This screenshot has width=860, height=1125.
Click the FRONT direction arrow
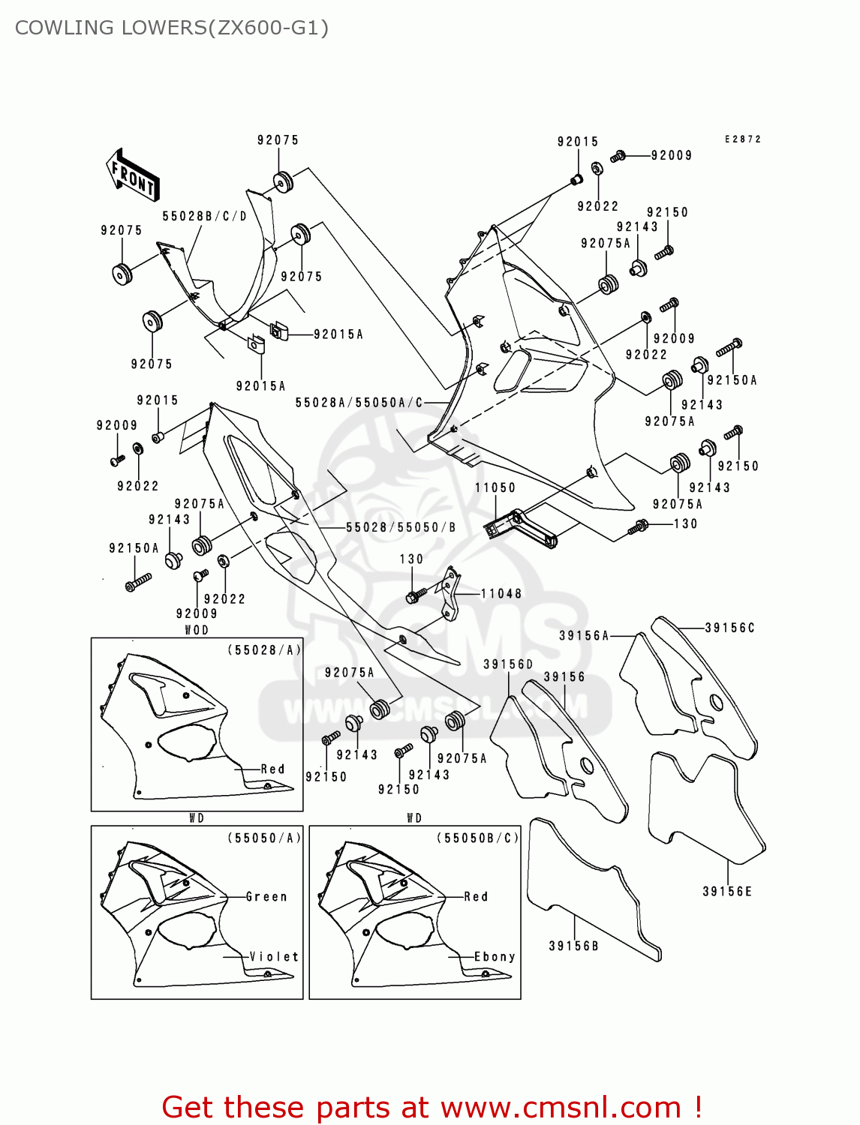133,175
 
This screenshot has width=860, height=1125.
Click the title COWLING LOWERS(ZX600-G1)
172,28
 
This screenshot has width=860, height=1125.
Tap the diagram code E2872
742,139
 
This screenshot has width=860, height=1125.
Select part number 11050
495,487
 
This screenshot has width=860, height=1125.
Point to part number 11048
501,594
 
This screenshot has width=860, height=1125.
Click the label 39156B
574,946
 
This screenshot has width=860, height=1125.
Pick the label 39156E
727,892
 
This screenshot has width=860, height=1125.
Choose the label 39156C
729,628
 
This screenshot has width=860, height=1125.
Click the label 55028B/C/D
205,216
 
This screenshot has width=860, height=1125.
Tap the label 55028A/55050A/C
359,403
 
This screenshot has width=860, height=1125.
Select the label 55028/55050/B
401,527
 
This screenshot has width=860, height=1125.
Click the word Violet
274,957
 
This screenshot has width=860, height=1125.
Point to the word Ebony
495,957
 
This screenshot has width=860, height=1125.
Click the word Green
266,897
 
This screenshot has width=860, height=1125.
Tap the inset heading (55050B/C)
477,838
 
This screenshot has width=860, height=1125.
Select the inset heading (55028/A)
264,650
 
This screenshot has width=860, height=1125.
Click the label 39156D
508,664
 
